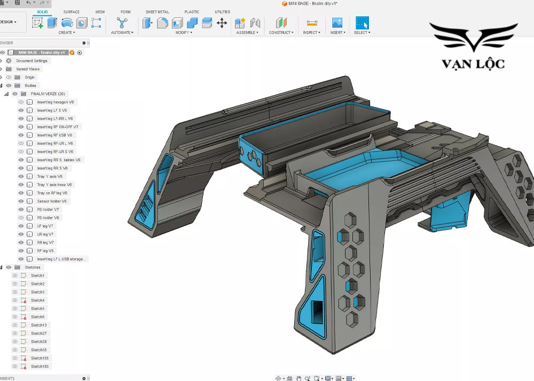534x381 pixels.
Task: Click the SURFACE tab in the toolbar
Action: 72,12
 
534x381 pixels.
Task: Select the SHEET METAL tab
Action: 158,12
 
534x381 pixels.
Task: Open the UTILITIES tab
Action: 223,12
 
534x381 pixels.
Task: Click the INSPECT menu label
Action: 311,33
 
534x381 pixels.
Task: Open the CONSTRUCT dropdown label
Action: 280,33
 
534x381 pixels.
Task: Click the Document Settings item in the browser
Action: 32,61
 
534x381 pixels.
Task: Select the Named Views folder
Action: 28,69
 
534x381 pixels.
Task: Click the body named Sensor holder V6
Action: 52,201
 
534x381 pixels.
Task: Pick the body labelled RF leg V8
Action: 45,251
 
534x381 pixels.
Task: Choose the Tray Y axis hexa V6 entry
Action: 54,185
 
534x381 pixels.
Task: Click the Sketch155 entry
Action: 38,358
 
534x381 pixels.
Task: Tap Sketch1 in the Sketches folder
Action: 37,275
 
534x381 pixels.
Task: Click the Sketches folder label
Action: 33,267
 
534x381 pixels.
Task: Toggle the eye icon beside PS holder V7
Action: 21,210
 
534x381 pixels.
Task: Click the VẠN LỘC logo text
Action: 473,64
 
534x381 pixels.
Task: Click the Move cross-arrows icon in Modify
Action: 222,23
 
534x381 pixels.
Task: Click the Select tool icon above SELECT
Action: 362,23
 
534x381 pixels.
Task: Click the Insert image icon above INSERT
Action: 337,23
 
